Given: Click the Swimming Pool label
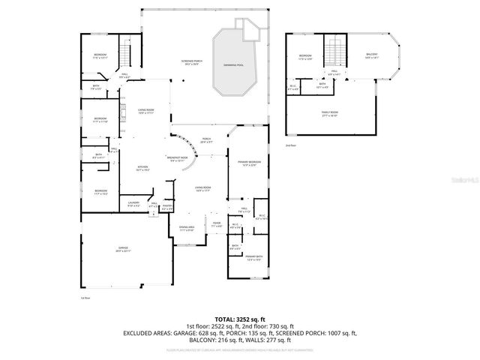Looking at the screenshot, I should point(238,66).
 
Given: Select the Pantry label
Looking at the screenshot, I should point(168,206).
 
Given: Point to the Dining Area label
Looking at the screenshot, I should point(187,229).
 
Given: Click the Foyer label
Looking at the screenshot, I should point(216,223).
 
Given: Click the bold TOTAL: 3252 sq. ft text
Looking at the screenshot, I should point(240,318).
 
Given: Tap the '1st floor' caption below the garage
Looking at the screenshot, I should point(85,298).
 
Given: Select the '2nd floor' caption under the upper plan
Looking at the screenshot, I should point(290,145).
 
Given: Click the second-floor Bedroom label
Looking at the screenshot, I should point(305,58).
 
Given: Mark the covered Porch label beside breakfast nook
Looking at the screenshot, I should point(206,140).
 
